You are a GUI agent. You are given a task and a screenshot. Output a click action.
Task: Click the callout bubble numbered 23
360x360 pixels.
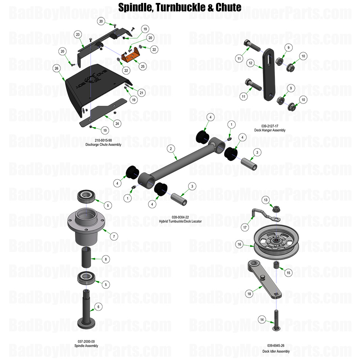tap(78, 35)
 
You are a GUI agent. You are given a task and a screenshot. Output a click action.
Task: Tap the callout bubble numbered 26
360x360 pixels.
tap(56, 68)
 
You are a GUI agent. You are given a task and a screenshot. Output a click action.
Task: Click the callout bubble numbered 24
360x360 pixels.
tap(117, 123)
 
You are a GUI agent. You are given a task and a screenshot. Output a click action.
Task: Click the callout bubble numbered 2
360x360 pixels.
tap(170, 149)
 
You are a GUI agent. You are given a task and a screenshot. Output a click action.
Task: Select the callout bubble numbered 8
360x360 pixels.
tap(106, 259)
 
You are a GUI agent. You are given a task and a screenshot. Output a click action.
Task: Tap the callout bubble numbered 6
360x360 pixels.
tap(98, 306)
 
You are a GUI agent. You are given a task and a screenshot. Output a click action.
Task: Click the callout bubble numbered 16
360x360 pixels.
tap(239, 244)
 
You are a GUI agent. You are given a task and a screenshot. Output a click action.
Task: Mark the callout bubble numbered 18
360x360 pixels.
tap(249, 294)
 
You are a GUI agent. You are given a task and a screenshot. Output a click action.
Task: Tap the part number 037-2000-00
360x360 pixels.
tap(87, 341)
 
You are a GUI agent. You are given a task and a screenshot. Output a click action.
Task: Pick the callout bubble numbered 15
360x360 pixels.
tap(288, 273)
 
